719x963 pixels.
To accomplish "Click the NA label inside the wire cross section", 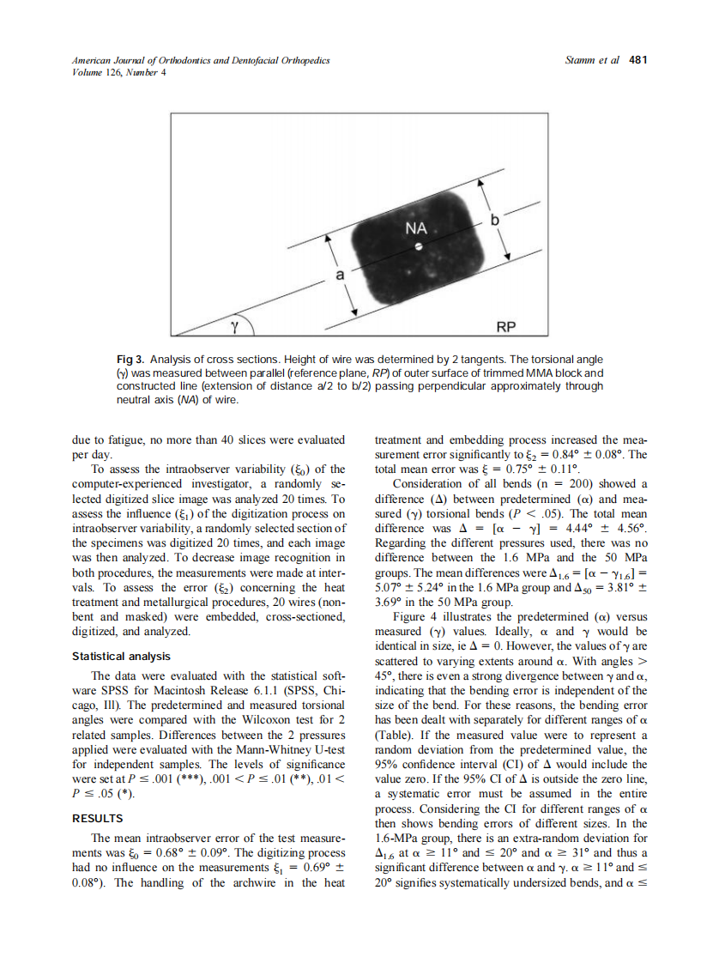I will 416,229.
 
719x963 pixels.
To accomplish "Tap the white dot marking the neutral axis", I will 417,247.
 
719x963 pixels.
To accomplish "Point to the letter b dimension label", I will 493,221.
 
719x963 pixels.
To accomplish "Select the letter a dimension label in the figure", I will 339,276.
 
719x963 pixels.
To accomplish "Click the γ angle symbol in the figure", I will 234,325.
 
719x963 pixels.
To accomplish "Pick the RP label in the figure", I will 508,327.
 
